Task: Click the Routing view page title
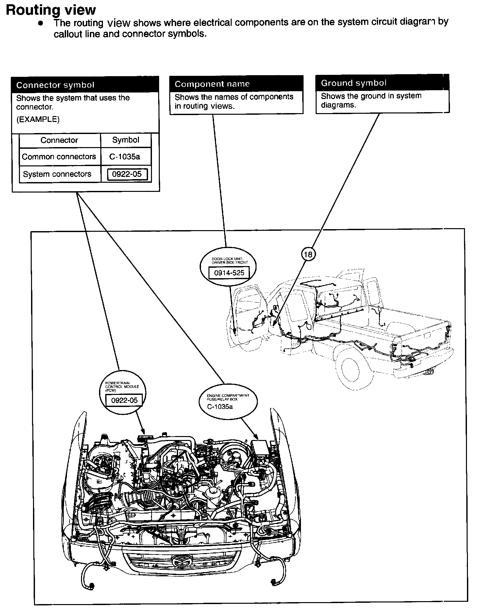[51, 10]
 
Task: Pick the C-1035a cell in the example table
[125, 157]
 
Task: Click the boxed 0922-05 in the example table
[127, 174]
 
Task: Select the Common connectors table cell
[59, 157]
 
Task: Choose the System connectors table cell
[57, 174]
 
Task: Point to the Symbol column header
[126, 140]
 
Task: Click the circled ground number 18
[308, 254]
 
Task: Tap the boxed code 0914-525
[229, 273]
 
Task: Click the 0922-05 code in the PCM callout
[124, 400]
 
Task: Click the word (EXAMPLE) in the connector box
[38, 119]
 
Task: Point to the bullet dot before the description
[41, 23]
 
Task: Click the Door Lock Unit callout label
[230, 261]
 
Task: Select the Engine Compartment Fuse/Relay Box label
[228, 397]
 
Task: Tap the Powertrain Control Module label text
[122, 386]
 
